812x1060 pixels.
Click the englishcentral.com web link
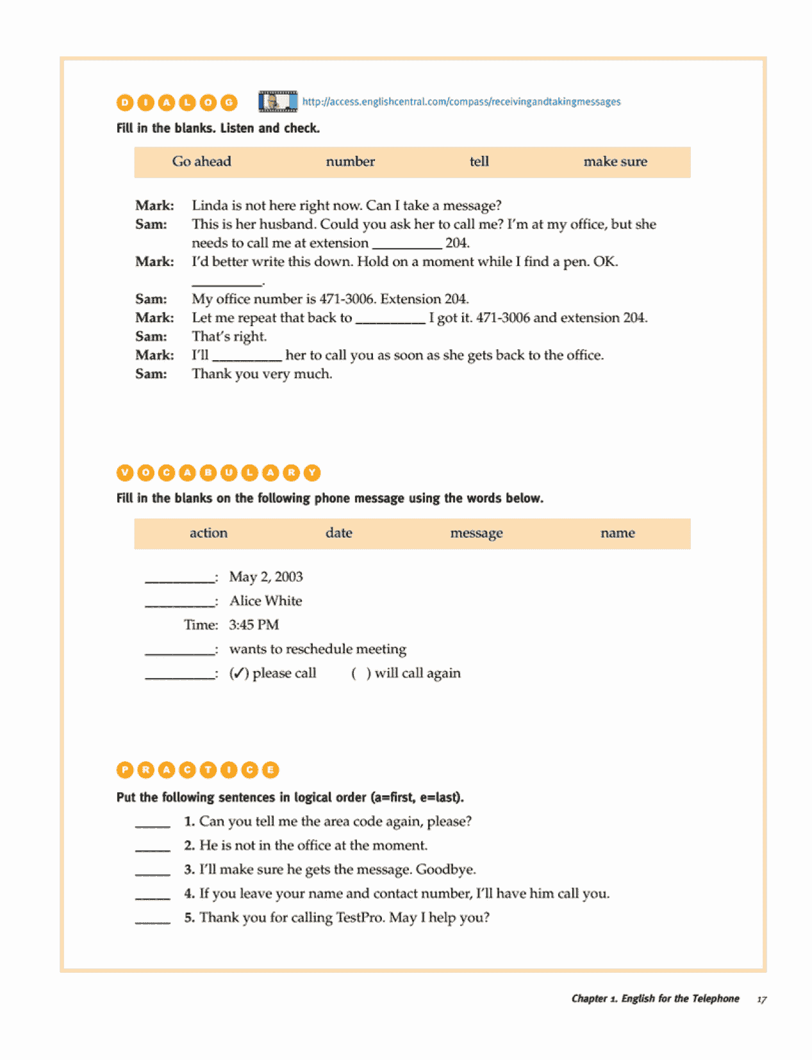point(461,102)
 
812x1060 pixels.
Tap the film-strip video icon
point(278,101)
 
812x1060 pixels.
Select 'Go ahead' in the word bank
point(201,161)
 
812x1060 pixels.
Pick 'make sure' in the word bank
point(615,161)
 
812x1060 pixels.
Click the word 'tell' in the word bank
point(479,161)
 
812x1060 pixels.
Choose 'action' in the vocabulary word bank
point(208,533)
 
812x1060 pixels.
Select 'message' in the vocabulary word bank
point(476,533)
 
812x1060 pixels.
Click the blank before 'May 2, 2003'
point(179,578)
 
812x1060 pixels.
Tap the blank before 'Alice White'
point(179,602)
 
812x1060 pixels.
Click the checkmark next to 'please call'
point(238,674)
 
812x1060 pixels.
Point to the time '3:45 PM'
point(254,625)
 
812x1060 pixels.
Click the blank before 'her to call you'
point(247,356)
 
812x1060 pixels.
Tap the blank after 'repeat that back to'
point(390,319)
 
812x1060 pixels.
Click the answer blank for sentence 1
point(153,824)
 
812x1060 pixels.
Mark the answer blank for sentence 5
point(153,920)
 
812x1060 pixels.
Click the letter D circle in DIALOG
point(125,103)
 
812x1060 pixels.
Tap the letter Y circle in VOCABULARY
point(312,473)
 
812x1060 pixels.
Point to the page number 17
point(761,1000)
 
